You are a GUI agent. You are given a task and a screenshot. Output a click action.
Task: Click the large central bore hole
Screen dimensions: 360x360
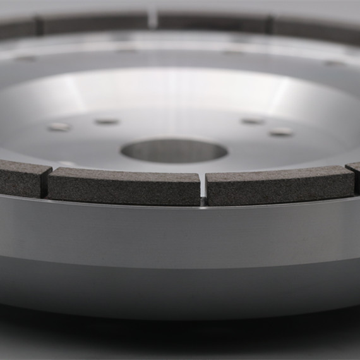[174, 151]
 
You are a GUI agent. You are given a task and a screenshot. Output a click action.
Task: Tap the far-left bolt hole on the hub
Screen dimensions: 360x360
[59, 127]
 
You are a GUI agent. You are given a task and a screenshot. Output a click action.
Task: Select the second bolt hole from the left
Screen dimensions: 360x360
[106, 121]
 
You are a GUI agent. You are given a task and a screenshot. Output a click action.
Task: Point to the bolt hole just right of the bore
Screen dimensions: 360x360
[253, 121]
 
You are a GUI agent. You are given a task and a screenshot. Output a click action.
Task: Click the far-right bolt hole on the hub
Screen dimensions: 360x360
[281, 131]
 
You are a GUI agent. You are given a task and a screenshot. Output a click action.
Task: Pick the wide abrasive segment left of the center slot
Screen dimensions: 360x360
[124, 186]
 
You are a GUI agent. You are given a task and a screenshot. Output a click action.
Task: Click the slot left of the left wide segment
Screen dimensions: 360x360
[45, 183]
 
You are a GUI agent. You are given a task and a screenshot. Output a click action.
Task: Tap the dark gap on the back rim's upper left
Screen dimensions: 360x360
[39, 26]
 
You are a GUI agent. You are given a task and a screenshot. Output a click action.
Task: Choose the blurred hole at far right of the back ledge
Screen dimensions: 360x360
[333, 63]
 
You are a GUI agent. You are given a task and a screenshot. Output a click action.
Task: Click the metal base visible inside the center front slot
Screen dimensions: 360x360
[203, 201]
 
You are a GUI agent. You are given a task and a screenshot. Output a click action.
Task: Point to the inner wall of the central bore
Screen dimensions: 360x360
[174, 145]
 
